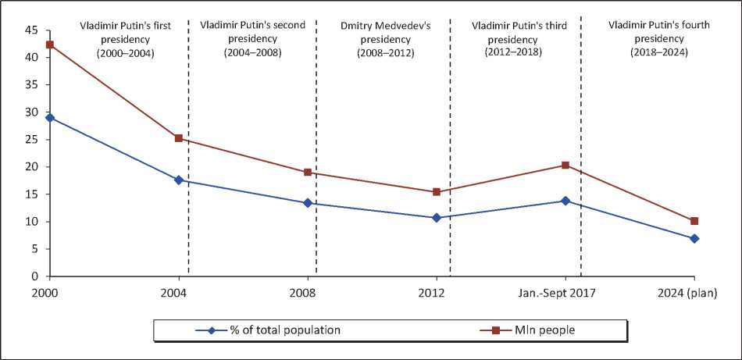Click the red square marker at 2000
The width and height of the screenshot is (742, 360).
pyautogui.click(x=50, y=45)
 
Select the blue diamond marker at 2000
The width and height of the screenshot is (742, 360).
pyautogui.click(x=50, y=117)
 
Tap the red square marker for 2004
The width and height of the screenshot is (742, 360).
pyautogui.click(x=179, y=138)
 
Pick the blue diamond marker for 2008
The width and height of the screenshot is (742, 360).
pyautogui.click(x=308, y=203)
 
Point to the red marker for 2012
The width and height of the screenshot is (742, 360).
pyautogui.click(x=437, y=192)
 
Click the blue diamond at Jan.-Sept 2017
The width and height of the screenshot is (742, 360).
pyautogui.click(x=565, y=201)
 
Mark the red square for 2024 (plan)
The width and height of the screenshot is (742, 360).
pyautogui.click(x=694, y=221)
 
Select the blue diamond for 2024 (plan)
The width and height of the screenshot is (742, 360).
pyautogui.click(x=694, y=238)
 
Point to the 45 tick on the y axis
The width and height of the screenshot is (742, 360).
pyautogui.click(x=32, y=30)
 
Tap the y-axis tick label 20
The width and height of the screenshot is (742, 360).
pyautogui.click(x=32, y=167)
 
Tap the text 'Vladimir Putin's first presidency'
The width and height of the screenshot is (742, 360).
pyautogui.click(x=125, y=32)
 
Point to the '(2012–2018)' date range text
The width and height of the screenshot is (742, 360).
pyautogui.click(x=513, y=52)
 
